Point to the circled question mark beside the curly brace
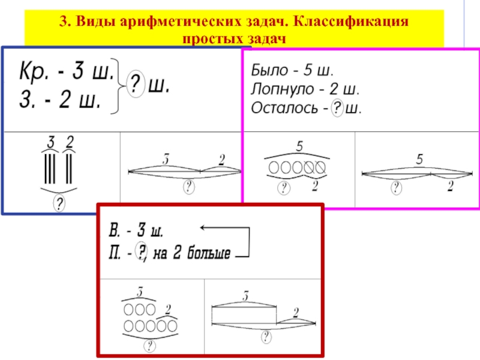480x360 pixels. point(137,86)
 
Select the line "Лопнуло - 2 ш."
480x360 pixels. point(305,91)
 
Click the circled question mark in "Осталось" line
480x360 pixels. point(338,109)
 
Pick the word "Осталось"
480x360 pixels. point(281,109)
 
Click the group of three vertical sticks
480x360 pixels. point(50,168)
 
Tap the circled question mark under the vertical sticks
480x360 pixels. point(59,204)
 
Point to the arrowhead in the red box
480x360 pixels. point(203,228)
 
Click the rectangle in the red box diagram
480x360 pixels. point(244,314)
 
